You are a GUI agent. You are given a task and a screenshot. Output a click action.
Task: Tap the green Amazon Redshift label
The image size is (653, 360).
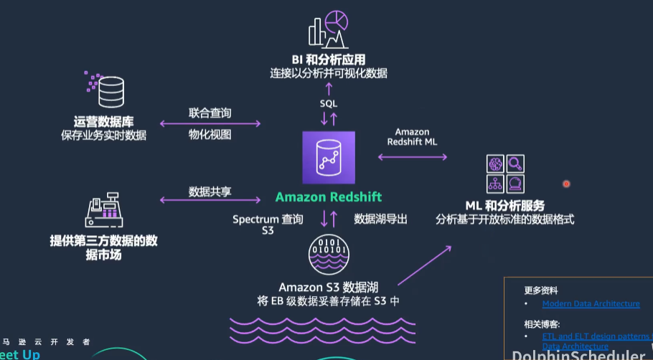click(329, 196)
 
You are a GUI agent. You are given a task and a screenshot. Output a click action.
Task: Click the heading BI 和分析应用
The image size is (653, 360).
click(329, 60)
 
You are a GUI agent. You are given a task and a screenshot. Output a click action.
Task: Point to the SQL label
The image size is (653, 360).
click(329, 104)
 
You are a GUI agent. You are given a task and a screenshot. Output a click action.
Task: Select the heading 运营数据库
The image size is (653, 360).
click(103, 121)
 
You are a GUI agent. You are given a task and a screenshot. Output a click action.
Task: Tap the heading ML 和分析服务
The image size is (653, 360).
click(505, 206)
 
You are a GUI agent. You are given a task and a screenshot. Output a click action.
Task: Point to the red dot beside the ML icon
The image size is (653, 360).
click(566, 184)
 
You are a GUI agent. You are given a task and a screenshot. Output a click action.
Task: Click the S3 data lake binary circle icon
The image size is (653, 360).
click(329, 255)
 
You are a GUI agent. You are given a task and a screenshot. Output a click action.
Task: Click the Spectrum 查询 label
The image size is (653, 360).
click(268, 218)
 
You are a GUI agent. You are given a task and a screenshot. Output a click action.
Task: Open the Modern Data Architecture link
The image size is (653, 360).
click(591, 303)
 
